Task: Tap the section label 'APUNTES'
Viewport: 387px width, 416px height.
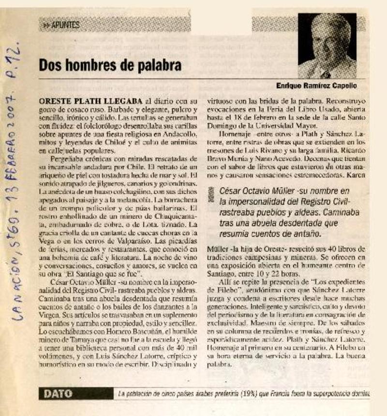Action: click(x=65, y=24)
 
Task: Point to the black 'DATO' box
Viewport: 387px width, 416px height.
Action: click(x=59, y=394)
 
